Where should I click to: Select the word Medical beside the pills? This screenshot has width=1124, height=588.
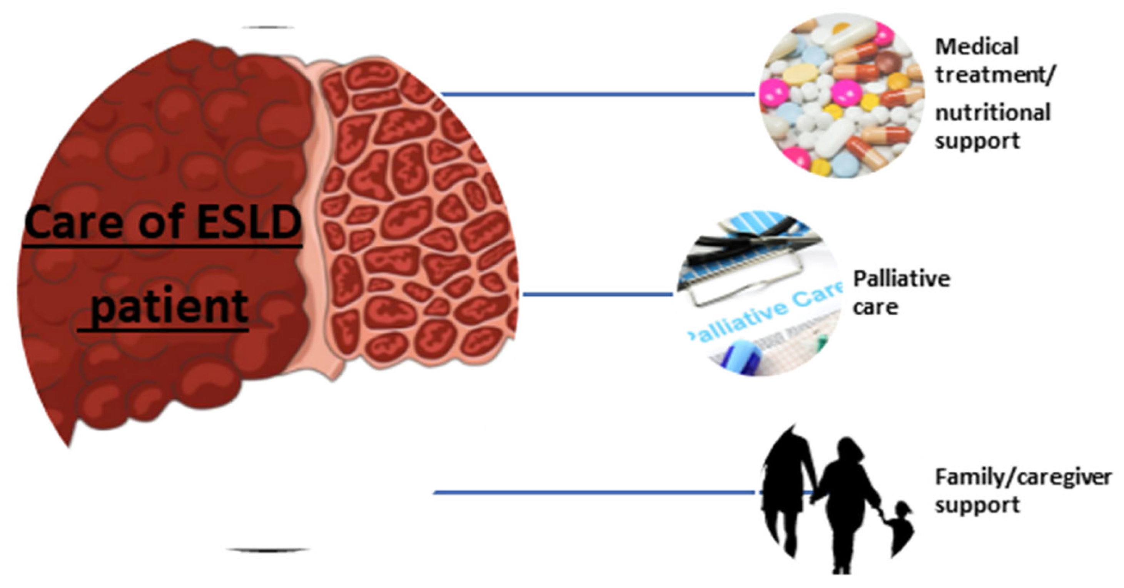[977, 47]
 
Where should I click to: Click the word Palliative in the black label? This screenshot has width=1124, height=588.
[902, 279]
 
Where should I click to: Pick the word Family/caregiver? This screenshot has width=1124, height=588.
[1023, 477]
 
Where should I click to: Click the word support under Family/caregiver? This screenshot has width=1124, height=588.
[977, 506]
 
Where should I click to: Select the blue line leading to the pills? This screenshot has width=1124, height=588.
[598, 94]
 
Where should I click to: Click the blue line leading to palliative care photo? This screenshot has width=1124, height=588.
[598, 294]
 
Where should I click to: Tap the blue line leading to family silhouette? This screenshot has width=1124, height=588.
[593, 493]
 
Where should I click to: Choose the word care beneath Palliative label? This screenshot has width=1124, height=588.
[875, 307]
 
